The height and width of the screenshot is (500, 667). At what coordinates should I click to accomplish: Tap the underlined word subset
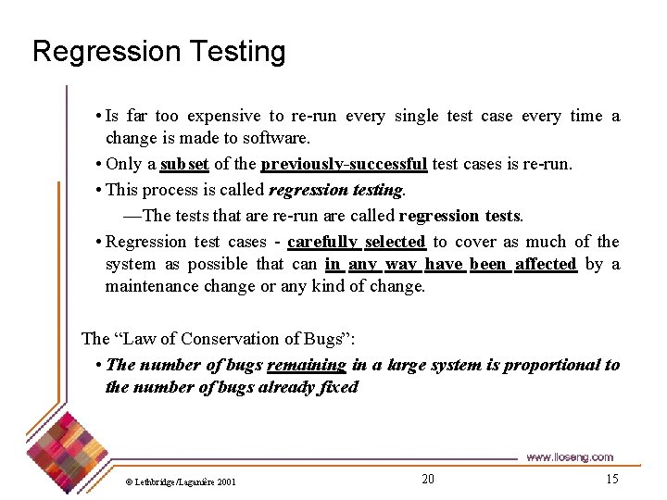click(x=184, y=165)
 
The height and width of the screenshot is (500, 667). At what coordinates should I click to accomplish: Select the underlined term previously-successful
click(x=344, y=165)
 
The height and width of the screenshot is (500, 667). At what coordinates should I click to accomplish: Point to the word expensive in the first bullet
click(x=223, y=116)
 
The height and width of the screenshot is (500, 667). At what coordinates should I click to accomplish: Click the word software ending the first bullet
click(x=276, y=139)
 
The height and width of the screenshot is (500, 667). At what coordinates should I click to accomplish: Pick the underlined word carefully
click(x=322, y=242)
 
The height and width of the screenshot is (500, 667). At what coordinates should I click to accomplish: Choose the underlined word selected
click(x=395, y=242)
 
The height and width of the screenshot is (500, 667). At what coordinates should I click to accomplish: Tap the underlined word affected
click(x=546, y=264)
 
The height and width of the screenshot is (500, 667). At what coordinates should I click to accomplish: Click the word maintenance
click(x=150, y=286)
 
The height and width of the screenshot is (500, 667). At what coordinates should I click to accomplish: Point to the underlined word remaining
click(x=307, y=365)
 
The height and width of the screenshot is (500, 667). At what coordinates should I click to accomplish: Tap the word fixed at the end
click(x=337, y=387)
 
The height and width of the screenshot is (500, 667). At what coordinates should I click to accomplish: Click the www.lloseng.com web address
click(x=570, y=457)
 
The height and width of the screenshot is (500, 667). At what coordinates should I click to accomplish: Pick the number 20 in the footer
click(x=427, y=479)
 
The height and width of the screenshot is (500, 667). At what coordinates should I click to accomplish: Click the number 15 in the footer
click(x=611, y=479)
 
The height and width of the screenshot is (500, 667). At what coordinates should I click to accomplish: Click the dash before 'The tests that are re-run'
click(x=132, y=216)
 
